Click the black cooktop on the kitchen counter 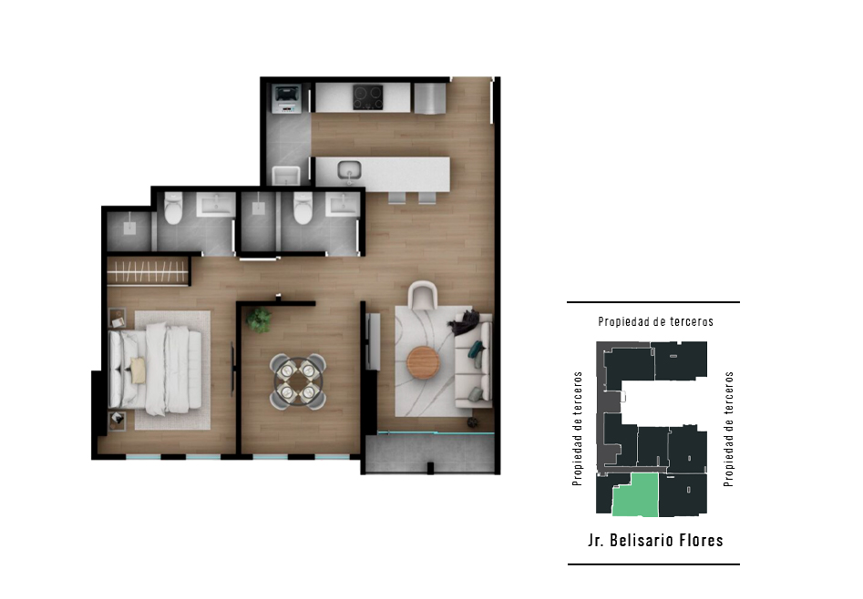pos(368,97)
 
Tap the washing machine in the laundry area pos(286,98)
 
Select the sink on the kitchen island pos(349,170)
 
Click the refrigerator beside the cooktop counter pos(429,98)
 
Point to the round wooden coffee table pos(423,362)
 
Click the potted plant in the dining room pos(258,320)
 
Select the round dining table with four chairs pos(298,381)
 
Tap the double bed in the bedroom pos(155,369)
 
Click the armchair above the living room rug pos(423,295)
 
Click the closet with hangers pos(148,271)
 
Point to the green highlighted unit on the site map pos(636,494)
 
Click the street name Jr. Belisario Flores pos(655,540)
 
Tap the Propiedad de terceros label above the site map pos(655,321)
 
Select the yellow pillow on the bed pos(138,370)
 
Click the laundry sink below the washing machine pos(286,176)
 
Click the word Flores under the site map pos(701,540)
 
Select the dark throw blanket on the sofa pos(465,322)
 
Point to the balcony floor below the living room pos(429,453)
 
